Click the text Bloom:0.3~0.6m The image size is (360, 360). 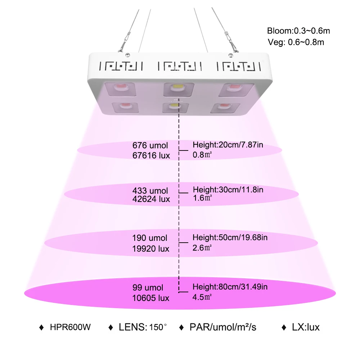point(298,31)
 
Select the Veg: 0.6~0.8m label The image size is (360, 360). point(296,42)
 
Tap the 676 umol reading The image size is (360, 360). point(150,145)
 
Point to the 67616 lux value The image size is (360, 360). point(151,156)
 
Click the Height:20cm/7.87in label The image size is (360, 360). point(228,145)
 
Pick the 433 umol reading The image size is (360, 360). point(150,190)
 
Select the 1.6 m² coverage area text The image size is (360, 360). point(202,198)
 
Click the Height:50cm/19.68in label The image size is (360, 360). point(230,237)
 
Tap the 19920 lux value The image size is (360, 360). point(150,249)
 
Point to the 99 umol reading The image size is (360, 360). point(148,287)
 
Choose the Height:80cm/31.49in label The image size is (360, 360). point(230,287)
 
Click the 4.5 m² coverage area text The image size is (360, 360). point(202,297)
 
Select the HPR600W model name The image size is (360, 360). point(70,327)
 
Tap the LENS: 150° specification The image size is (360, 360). point(143,327)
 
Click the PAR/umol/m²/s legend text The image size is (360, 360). point(223,327)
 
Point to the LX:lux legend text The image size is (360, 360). point(306,327)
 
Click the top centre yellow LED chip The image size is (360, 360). point(179,87)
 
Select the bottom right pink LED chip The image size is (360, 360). point(224,106)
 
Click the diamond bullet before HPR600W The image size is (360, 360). point(41,327)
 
